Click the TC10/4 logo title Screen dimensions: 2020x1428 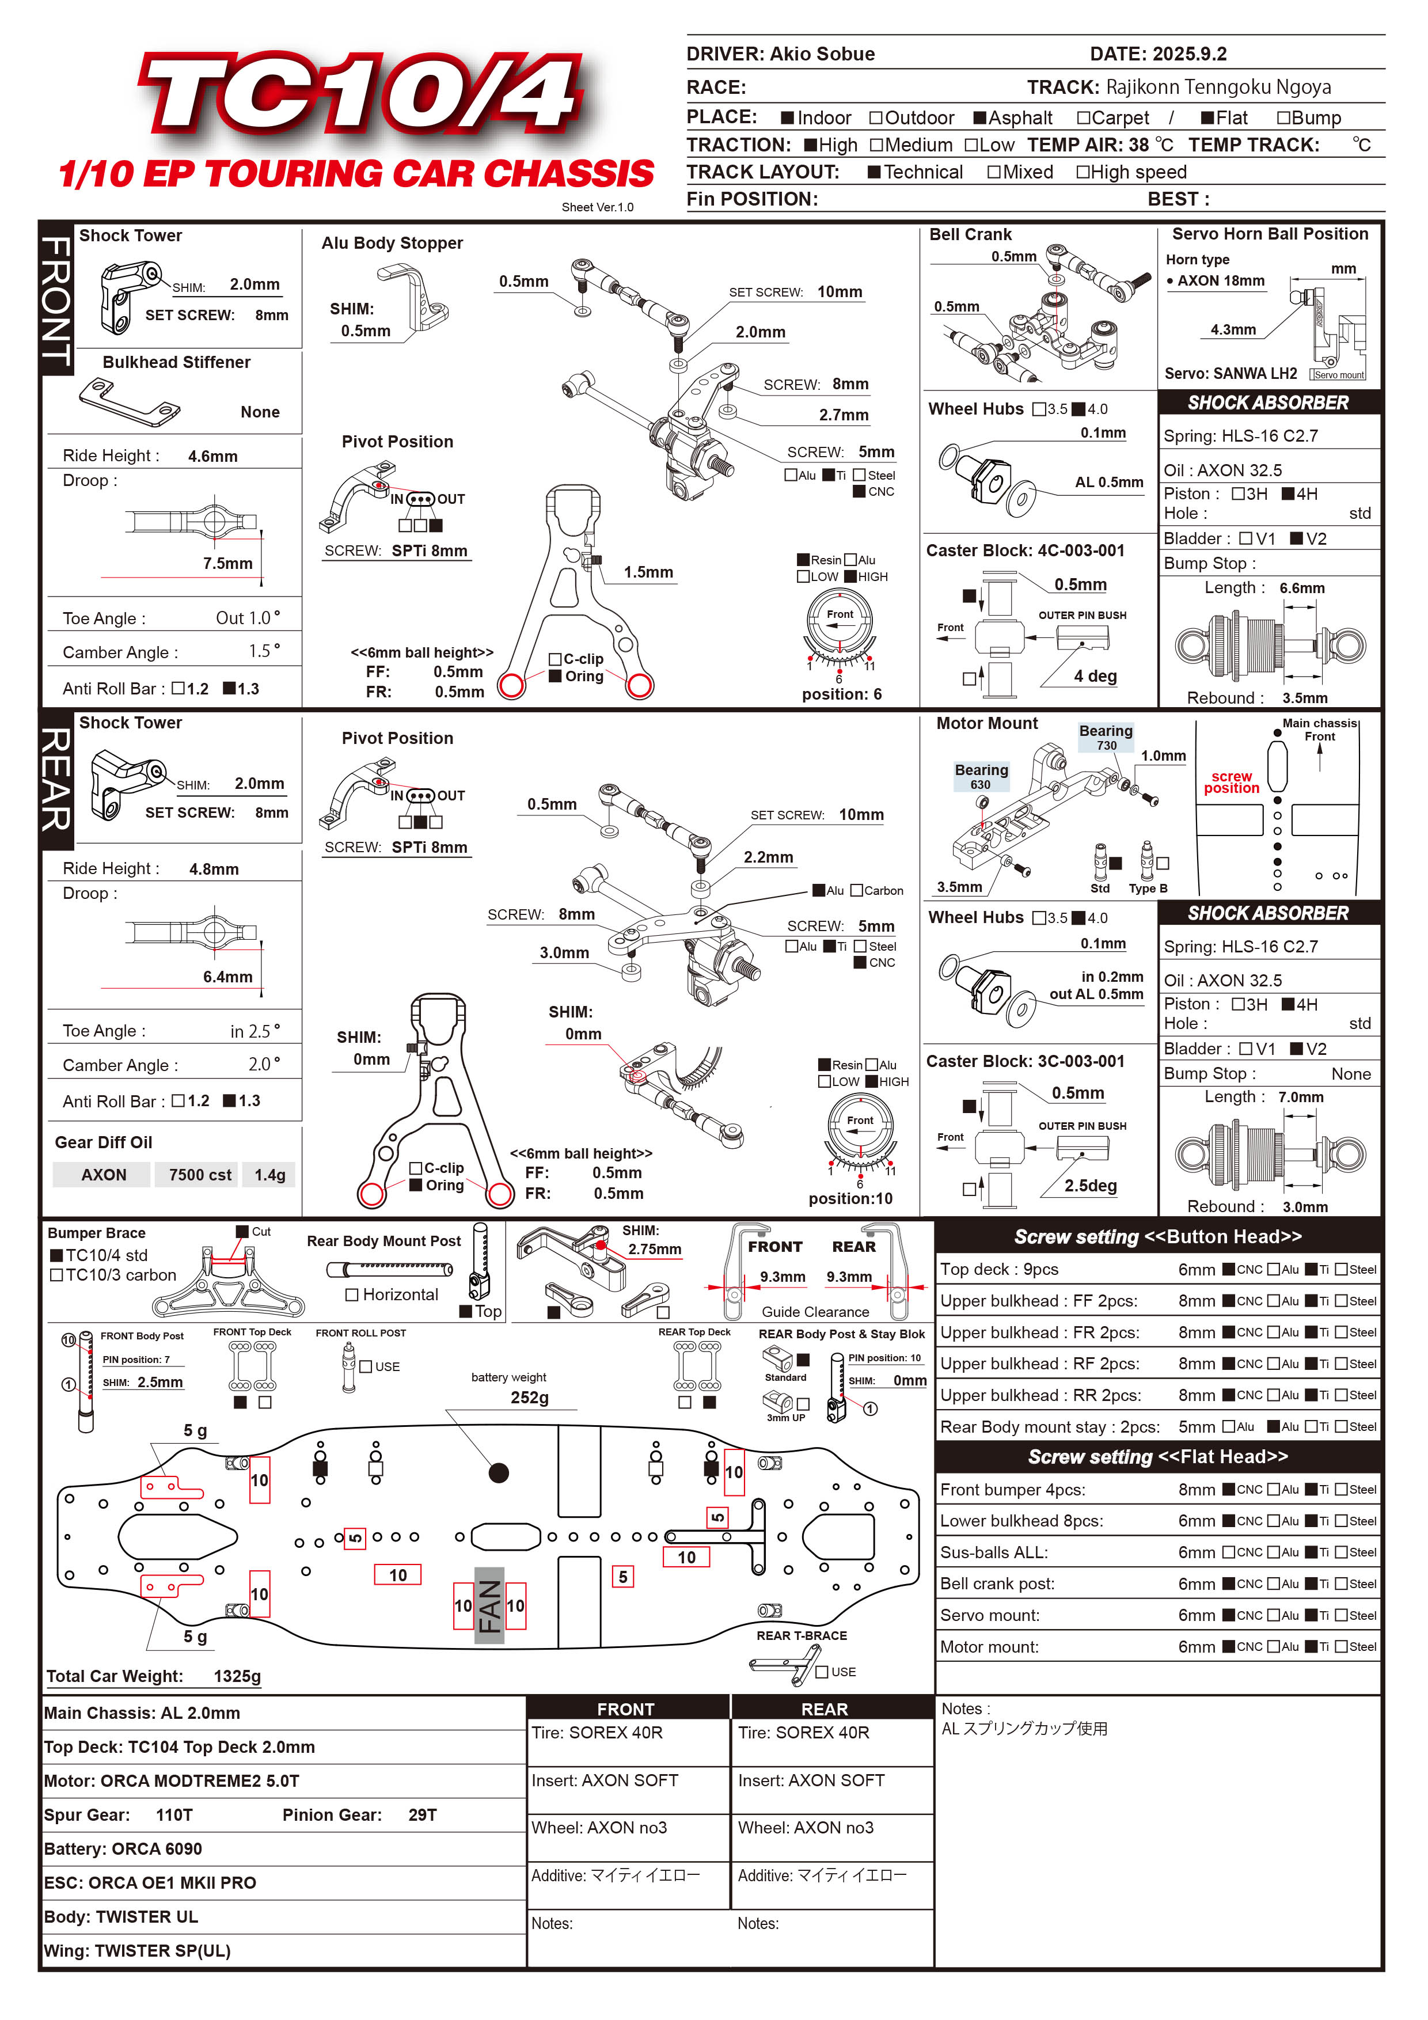tap(360, 92)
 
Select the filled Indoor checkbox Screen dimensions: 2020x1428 tap(788, 118)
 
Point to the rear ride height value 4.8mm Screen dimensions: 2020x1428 tap(214, 869)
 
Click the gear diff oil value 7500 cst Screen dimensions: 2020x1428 tap(200, 1175)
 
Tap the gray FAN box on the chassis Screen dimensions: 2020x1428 tap(489, 1605)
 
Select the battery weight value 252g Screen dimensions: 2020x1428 tap(530, 1398)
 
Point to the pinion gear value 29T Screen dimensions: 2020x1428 tap(422, 1815)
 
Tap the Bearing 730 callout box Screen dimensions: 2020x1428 tap(1106, 737)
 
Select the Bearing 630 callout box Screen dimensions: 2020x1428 tap(981, 776)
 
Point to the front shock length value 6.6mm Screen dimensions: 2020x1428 tap(1301, 588)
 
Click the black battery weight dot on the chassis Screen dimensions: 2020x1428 tap(499, 1473)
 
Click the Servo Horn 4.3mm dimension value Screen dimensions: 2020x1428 tap(1233, 330)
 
